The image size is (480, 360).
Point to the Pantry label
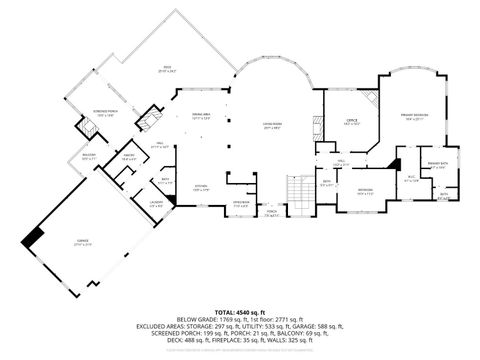pyautogui.click(x=129, y=157)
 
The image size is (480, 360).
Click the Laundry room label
pyautogui.click(x=128, y=205)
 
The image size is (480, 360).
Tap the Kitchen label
pyautogui.click(x=200, y=187)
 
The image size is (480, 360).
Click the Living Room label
pyautogui.click(x=271, y=126)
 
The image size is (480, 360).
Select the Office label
pyautogui.click(x=351, y=121)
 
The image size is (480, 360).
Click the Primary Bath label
pyautogui.click(x=436, y=164)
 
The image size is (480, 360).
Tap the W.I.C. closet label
pyautogui.click(x=410, y=180)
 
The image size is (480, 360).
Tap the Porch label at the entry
pyautogui.click(x=270, y=212)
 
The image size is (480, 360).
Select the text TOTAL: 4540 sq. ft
pyautogui.click(x=239, y=312)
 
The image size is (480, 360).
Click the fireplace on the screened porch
pyautogui.click(x=86, y=128)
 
